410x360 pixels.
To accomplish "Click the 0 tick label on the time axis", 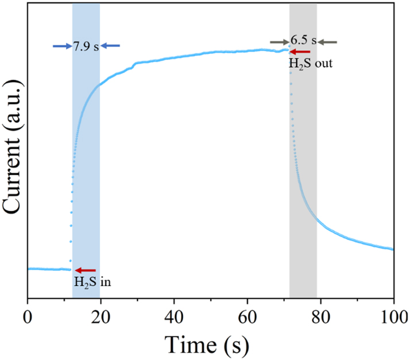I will click(28, 316).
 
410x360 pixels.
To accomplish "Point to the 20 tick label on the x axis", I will click(100, 316).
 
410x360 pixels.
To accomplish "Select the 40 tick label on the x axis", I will click(174, 316).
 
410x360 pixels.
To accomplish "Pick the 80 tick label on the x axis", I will click(320, 316).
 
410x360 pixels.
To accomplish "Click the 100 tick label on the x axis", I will click(393, 316).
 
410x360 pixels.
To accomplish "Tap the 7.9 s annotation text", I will click(86, 46).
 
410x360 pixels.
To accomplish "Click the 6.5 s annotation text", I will click(304, 41).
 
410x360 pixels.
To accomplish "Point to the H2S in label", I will click(86, 282).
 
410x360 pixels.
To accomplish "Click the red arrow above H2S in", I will click(86, 270).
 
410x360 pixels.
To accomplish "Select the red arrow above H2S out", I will click(299, 52).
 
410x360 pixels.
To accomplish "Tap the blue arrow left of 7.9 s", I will click(62, 46).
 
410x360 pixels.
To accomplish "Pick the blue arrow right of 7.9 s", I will click(111, 46).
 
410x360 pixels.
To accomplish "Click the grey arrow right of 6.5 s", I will click(328, 41).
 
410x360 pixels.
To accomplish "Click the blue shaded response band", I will click(86, 172).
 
